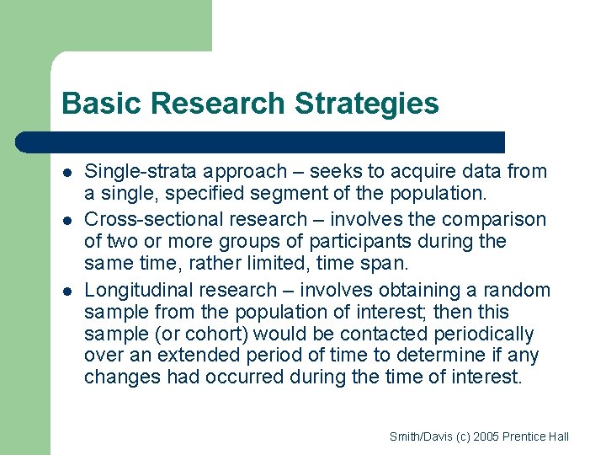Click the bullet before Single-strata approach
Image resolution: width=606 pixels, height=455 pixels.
[x=65, y=173]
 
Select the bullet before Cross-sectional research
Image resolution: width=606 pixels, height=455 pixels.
[x=65, y=220]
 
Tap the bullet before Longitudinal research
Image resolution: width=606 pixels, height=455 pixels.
[x=65, y=291]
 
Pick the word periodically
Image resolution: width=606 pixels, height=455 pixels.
[x=486, y=335]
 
